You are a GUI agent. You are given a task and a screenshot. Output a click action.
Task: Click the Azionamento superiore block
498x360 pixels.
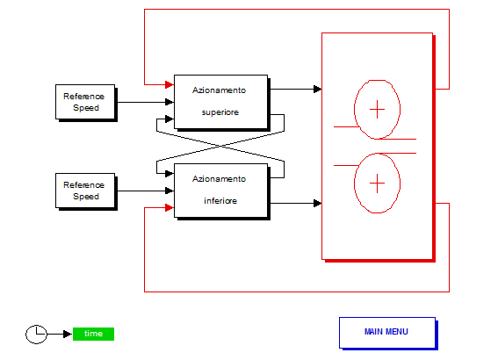(x=221, y=102)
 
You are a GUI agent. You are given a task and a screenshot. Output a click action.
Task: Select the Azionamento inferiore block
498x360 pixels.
(x=221, y=191)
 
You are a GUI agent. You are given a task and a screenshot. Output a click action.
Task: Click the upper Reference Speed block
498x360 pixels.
(x=86, y=102)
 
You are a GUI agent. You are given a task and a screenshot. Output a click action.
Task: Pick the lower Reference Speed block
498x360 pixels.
(x=86, y=191)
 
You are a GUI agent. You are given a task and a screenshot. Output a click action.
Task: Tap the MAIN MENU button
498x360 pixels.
(x=388, y=333)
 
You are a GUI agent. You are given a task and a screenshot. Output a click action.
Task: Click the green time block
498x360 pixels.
(x=93, y=334)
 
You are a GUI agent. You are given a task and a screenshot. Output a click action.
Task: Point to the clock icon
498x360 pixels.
(x=36, y=334)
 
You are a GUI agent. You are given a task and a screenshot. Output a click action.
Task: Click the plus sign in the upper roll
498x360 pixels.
(x=378, y=109)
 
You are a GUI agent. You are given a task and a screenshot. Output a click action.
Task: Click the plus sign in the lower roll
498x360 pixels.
(x=378, y=184)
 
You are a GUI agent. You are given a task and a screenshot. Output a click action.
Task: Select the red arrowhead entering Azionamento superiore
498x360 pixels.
(x=170, y=84)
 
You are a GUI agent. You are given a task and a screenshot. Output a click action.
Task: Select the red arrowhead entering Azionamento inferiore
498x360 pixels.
(x=170, y=208)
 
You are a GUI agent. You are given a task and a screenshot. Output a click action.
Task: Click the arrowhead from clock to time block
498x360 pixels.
(x=68, y=334)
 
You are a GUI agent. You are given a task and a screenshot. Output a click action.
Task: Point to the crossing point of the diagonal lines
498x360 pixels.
(x=220, y=146)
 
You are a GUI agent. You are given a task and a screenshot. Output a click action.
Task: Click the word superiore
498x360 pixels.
(x=220, y=112)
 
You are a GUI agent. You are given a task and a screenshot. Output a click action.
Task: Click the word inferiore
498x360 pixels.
(x=220, y=201)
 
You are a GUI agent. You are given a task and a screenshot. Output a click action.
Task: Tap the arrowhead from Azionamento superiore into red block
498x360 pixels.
(x=317, y=90)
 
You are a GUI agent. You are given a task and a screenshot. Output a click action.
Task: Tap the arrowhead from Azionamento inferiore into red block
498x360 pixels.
(x=317, y=203)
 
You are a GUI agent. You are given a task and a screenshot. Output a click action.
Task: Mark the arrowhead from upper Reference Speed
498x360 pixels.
(x=170, y=102)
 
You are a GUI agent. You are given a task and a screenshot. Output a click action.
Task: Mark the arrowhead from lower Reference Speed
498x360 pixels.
(x=170, y=191)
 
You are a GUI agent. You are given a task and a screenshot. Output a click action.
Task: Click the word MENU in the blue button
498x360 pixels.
(x=396, y=332)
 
